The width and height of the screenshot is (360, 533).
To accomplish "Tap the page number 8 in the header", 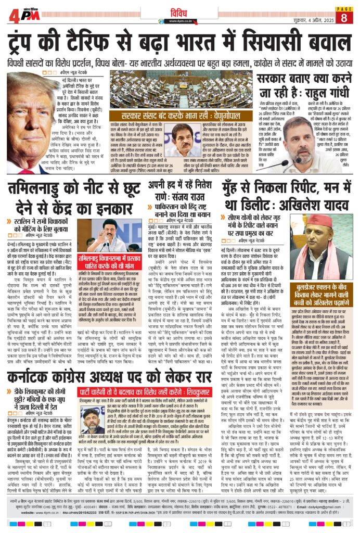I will (344, 18).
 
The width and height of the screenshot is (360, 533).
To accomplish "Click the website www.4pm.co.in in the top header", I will (180, 22).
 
